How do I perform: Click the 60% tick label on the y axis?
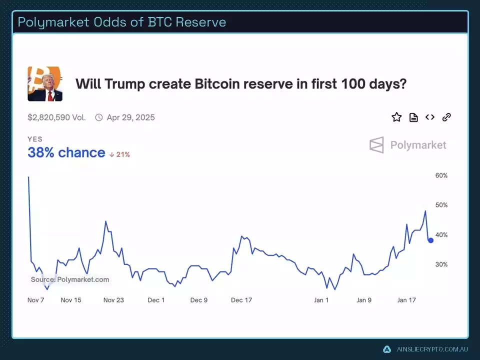(441, 176)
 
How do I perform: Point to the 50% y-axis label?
(441, 205)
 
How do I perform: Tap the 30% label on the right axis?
(441, 264)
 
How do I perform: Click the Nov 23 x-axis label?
(113, 300)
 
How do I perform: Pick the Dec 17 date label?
(241, 300)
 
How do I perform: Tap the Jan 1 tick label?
(321, 300)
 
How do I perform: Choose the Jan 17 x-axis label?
(406, 300)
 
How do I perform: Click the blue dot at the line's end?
(430, 240)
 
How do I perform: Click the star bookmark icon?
(396, 117)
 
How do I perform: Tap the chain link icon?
(446, 117)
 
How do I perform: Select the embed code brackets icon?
(430, 117)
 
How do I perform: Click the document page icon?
(413, 117)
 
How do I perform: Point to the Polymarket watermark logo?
(408, 145)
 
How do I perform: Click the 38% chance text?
(66, 153)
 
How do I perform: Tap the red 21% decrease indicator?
(120, 154)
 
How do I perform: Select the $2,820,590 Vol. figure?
(56, 118)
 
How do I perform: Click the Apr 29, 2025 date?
(130, 118)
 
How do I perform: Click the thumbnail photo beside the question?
(45, 84)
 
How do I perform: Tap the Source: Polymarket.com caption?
(69, 279)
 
